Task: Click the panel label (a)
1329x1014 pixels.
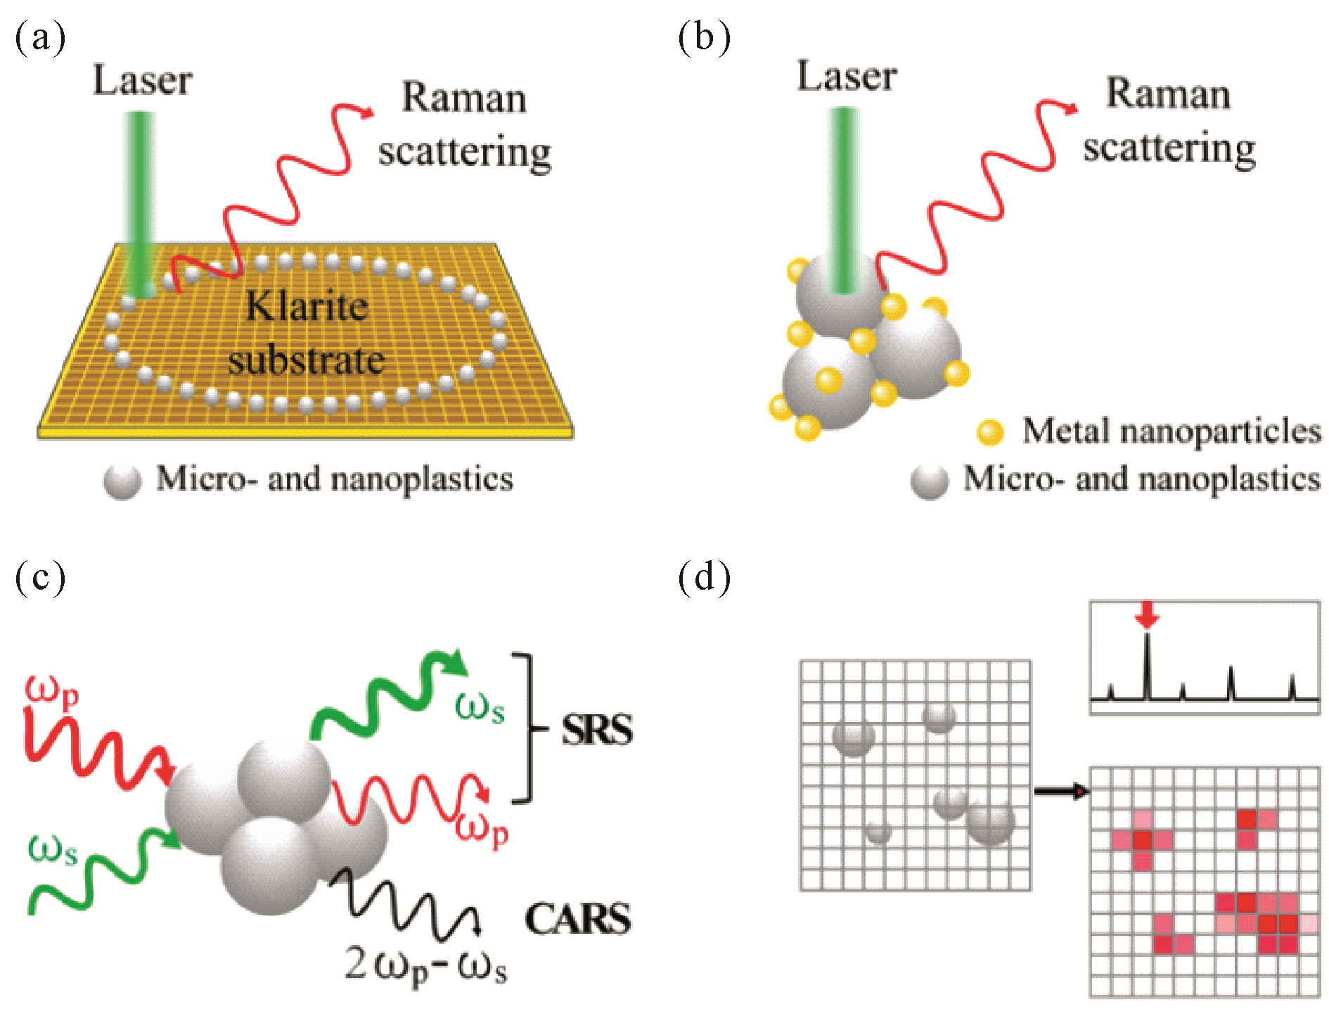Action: tap(40, 37)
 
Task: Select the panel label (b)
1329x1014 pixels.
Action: tap(704, 37)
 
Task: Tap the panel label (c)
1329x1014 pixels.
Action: tap(40, 577)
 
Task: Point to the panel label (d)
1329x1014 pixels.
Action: tap(704, 577)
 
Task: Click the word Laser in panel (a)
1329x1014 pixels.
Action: tap(143, 80)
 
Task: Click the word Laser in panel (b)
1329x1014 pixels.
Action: tap(847, 76)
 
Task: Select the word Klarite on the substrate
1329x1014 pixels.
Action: tap(307, 307)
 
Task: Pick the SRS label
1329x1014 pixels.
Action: tap(596, 730)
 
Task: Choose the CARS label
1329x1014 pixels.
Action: tap(578, 919)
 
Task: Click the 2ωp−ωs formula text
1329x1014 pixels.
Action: tap(425, 965)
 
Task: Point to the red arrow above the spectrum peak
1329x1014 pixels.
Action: tap(1147, 614)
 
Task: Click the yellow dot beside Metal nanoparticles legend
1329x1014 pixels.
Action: tap(990, 431)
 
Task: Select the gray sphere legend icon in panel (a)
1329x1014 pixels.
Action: tap(122, 482)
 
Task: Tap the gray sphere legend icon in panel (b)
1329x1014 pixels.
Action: tap(929, 482)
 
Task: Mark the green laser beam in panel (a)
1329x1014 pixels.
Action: tap(141, 204)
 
